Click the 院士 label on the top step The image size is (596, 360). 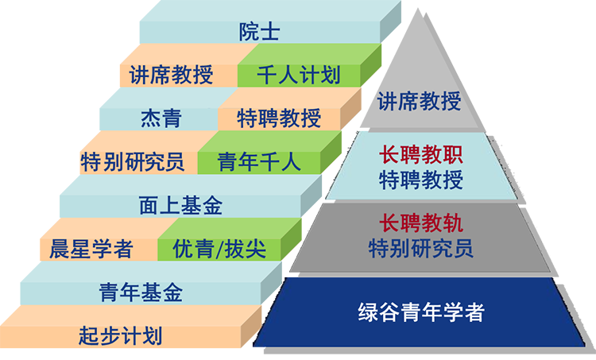pos(259,33)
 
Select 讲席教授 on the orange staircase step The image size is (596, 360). pos(171,75)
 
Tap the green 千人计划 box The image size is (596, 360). pos(299,75)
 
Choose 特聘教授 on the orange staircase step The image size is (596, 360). pos(279,119)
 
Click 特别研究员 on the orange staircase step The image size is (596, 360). pos(133,162)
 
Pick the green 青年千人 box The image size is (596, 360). pos(259,162)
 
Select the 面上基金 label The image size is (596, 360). pos(180,206)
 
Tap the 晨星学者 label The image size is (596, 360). pos(91,249)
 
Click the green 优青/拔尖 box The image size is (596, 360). pos(219,249)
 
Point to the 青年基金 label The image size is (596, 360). pos(141,292)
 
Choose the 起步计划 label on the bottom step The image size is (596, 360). pos(120,335)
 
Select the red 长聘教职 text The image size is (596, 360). pos(420,155)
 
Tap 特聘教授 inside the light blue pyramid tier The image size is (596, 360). pos(420,180)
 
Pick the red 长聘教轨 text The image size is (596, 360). pos(420,223)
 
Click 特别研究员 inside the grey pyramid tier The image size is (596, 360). pos(420,248)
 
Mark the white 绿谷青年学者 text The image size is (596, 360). pos(420,312)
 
